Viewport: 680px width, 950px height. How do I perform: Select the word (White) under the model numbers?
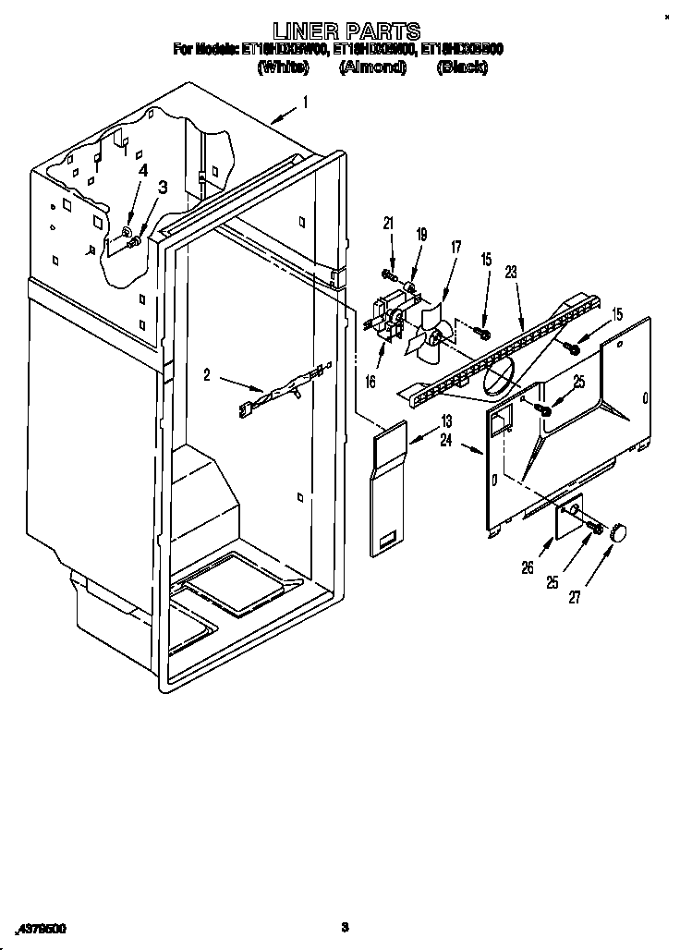coord(282,67)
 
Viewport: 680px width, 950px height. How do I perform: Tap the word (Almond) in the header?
coord(372,67)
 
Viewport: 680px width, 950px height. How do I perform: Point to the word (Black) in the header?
coord(462,67)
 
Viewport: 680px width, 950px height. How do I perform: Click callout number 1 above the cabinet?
coord(306,103)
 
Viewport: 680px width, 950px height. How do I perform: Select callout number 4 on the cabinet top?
coord(142,170)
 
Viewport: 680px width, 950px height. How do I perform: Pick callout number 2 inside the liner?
coord(207,374)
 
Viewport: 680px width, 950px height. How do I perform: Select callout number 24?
coord(445,441)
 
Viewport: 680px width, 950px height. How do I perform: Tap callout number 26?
coord(528,568)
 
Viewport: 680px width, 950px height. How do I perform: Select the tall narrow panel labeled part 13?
coord(389,489)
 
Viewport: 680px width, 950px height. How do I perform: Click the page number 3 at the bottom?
coord(344,926)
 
